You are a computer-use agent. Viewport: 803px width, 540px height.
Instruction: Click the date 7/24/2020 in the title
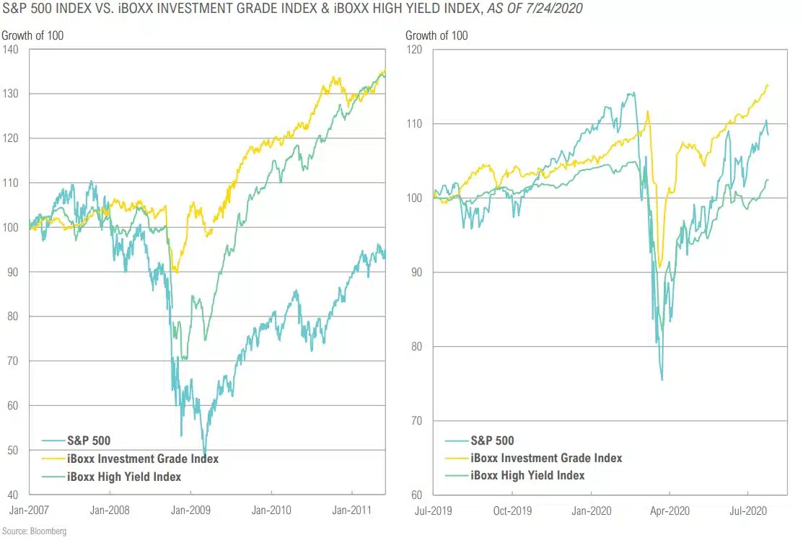tap(555, 8)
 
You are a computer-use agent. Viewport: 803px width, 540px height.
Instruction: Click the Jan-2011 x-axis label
tap(351, 510)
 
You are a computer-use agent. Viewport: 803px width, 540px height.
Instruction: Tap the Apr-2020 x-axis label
tap(670, 510)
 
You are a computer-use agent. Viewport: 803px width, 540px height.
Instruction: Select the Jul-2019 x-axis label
tap(432, 510)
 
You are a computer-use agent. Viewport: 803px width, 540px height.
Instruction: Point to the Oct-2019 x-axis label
tap(512, 510)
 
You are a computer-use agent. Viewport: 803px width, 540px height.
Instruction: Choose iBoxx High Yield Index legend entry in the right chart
tap(527, 475)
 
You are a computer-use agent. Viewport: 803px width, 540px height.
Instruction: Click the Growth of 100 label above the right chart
tap(436, 35)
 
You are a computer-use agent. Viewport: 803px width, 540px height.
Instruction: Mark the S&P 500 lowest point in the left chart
tap(205, 454)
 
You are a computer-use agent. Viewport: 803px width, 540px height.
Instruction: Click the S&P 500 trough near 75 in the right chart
tap(662, 379)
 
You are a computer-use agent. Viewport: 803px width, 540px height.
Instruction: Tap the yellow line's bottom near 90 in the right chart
tap(659, 267)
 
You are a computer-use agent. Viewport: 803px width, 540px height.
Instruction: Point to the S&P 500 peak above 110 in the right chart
tap(633, 92)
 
